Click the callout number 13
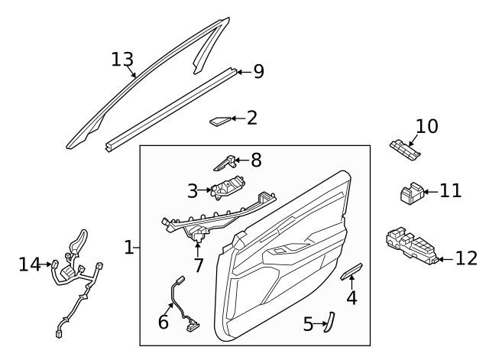click(x=122, y=60)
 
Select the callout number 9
click(x=258, y=71)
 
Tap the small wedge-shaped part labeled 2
click(x=219, y=121)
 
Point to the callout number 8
click(x=256, y=161)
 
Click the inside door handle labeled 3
click(x=228, y=187)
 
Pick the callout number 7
click(x=199, y=265)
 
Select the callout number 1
click(x=129, y=248)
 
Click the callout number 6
click(x=163, y=322)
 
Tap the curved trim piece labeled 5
click(x=329, y=322)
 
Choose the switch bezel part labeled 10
click(x=405, y=150)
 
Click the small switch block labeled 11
click(x=413, y=193)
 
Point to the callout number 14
click(x=30, y=264)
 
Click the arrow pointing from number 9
click(x=244, y=72)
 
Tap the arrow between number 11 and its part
click(x=432, y=192)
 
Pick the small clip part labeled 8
click(x=224, y=163)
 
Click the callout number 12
click(x=467, y=258)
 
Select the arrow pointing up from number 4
click(x=351, y=283)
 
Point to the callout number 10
click(x=427, y=126)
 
